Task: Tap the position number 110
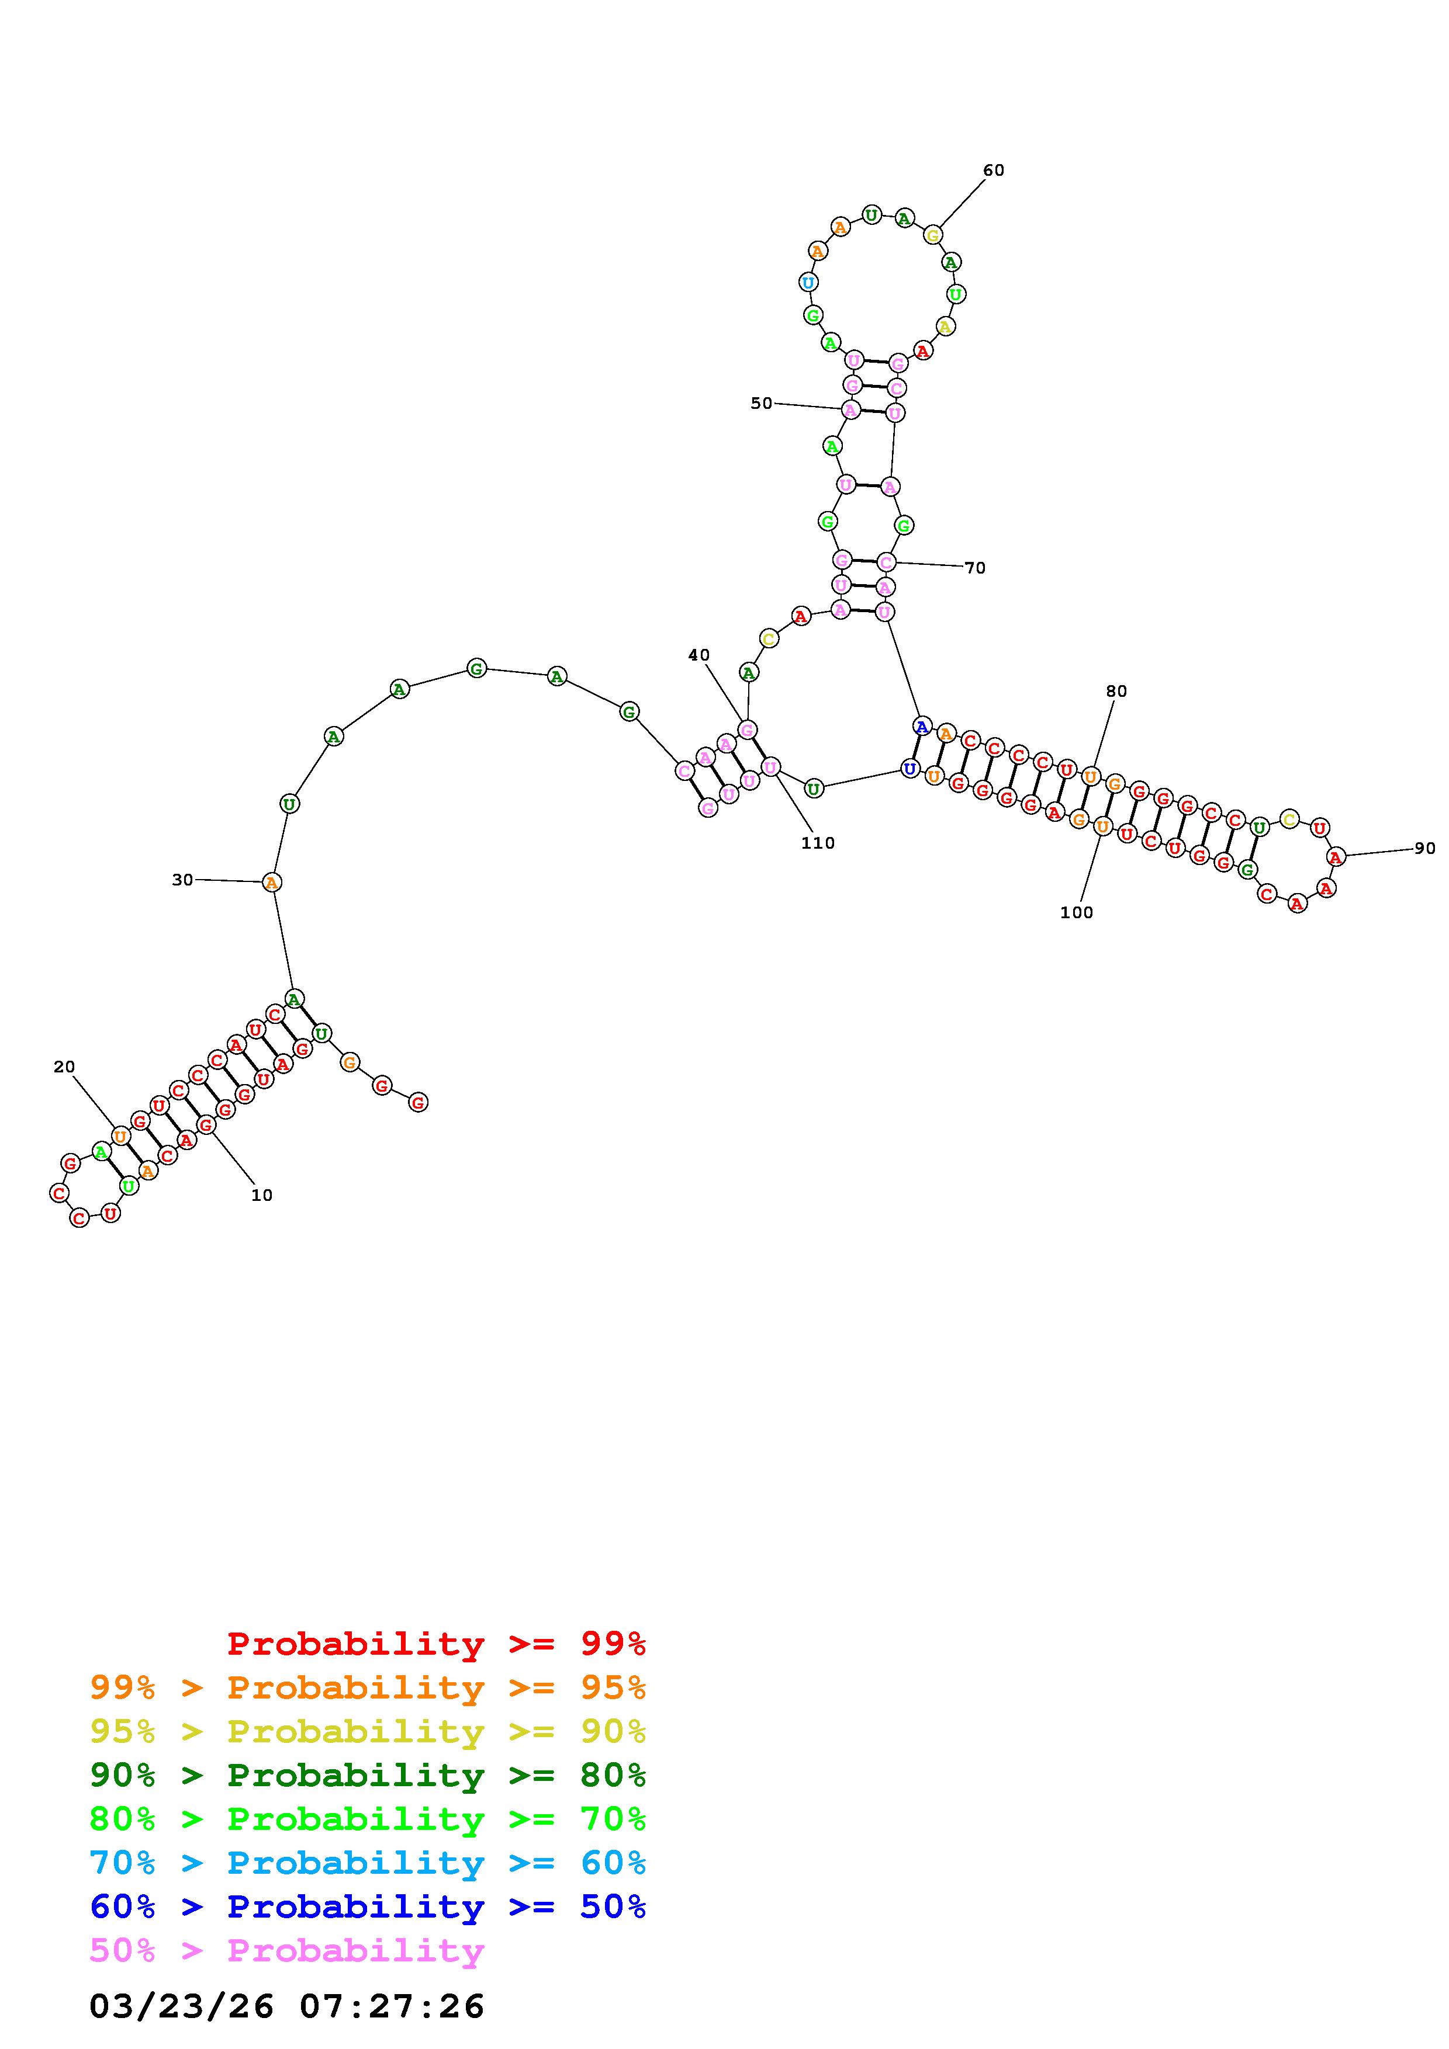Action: (818, 843)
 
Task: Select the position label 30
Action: (182, 880)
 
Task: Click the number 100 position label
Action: (1076, 912)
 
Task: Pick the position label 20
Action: (64, 1067)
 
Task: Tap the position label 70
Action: (975, 568)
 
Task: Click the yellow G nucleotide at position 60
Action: (933, 235)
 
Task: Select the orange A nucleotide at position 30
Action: (271, 883)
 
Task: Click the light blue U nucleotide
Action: (808, 283)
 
